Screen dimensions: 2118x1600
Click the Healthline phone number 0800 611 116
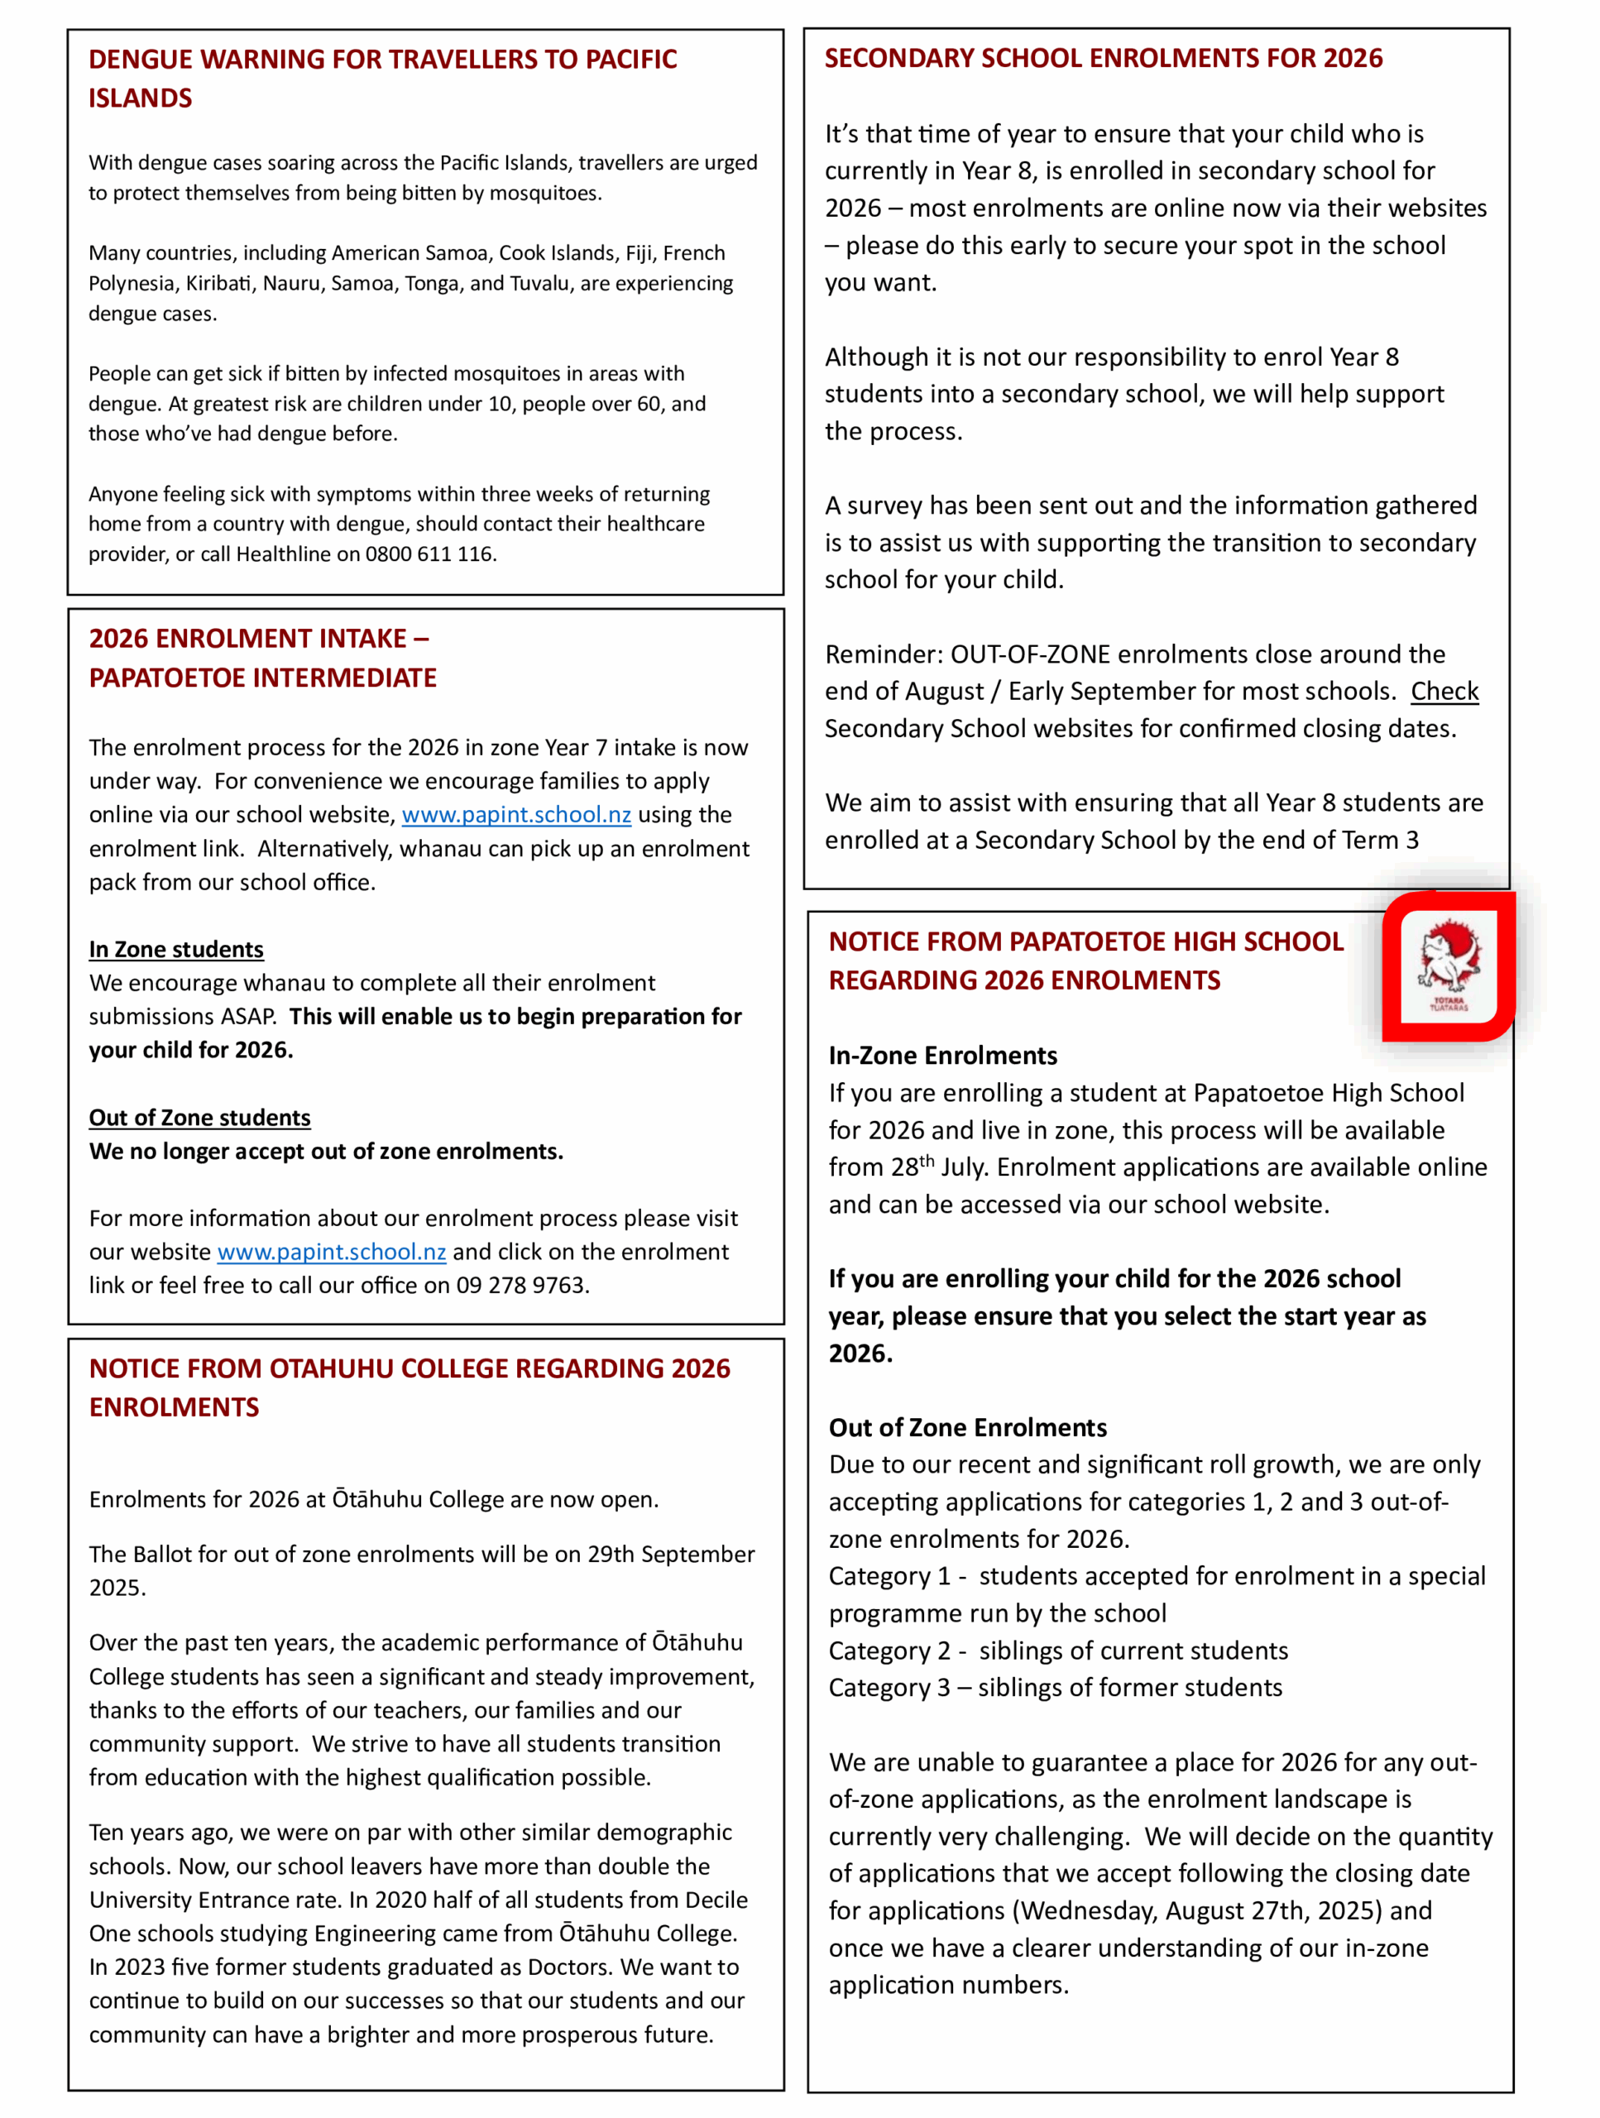point(429,554)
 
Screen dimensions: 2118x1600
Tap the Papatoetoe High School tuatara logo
point(1448,966)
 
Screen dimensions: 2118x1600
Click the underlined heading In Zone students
point(176,949)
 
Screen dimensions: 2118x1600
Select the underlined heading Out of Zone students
point(199,1118)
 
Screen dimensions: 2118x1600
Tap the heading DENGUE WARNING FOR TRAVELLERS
point(382,60)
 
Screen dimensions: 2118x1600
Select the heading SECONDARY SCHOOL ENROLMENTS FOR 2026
point(1103,59)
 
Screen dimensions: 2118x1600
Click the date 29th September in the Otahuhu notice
point(670,1554)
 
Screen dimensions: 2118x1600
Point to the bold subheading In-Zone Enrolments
point(942,1055)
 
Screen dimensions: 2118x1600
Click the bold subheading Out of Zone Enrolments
point(967,1428)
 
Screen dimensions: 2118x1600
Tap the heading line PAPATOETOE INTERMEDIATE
point(262,678)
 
